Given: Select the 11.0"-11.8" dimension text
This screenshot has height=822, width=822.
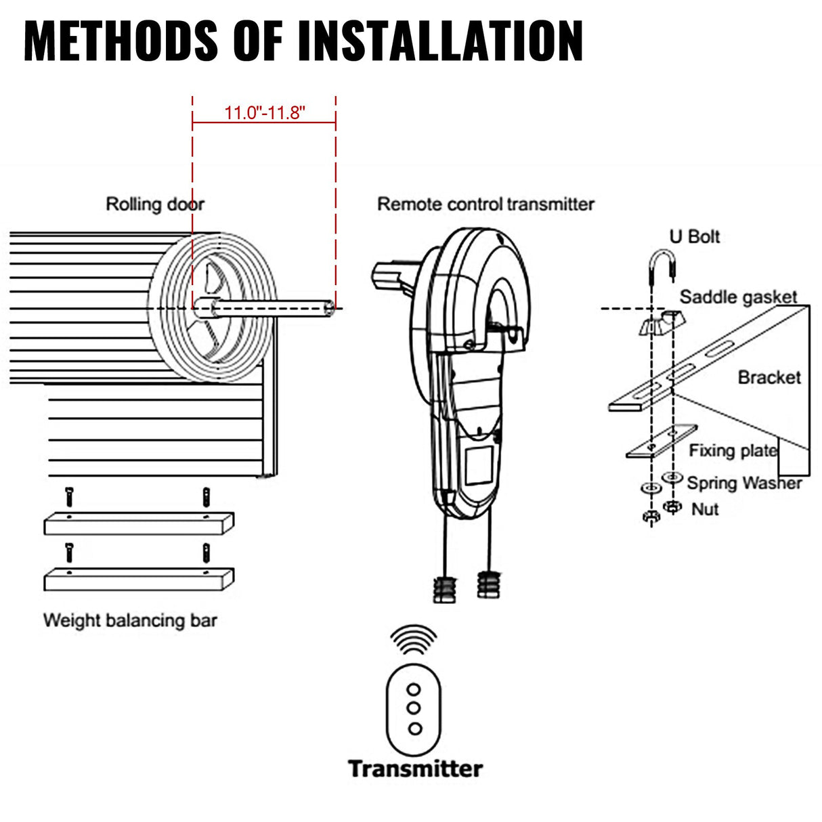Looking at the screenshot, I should tap(265, 112).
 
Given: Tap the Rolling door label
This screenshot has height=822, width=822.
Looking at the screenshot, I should tap(154, 204).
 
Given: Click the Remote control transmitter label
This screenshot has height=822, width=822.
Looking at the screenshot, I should tap(485, 204).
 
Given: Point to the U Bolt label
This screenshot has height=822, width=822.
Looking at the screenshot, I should tap(694, 236).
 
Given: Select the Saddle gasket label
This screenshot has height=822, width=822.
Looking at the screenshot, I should tap(738, 297).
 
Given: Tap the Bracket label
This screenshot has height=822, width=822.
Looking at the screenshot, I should tap(769, 377).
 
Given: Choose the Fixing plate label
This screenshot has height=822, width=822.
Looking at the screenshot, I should tap(733, 450).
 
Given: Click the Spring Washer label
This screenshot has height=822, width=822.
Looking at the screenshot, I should tap(744, 483).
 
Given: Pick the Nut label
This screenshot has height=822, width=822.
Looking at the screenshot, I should tap(705, 509).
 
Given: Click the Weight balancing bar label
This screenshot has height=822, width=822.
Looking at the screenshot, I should tap(130, 620).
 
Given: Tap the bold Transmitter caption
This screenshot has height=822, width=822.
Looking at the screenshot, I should tap(415, 769).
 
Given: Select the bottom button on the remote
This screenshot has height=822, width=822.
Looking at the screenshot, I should tap(414, 729).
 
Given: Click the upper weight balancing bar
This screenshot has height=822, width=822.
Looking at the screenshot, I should tap(139, 523).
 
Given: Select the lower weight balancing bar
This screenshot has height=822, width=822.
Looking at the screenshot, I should tap(139, 580).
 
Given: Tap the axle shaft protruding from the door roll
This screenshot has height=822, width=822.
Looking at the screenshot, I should tap(271, 309).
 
